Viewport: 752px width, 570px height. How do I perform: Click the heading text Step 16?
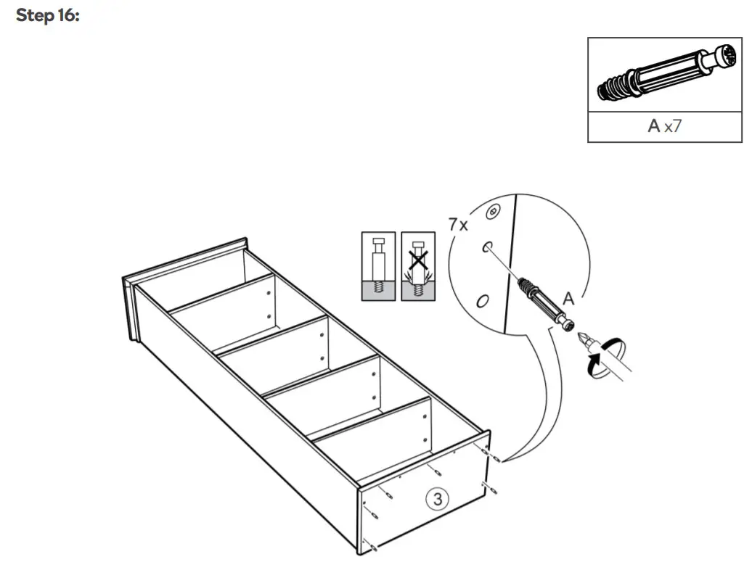(x=47, y=16)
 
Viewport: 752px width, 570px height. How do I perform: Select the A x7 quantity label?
(x=664, y=126)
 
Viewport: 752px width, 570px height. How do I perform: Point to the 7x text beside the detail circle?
(x=457, y=224)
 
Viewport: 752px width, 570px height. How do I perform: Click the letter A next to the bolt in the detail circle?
(x=568, y=298)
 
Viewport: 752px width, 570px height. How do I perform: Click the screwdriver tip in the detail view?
(x=583, y=339)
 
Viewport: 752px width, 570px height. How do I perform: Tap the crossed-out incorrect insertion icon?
(x=418, y=266)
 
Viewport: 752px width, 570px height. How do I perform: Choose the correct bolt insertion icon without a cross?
(x=378, y=266)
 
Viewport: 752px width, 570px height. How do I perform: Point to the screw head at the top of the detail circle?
(x=494, y=211)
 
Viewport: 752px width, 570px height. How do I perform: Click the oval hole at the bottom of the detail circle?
(x=481, y=300)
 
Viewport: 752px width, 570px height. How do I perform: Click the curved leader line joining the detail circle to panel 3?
(x=529, y=406)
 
